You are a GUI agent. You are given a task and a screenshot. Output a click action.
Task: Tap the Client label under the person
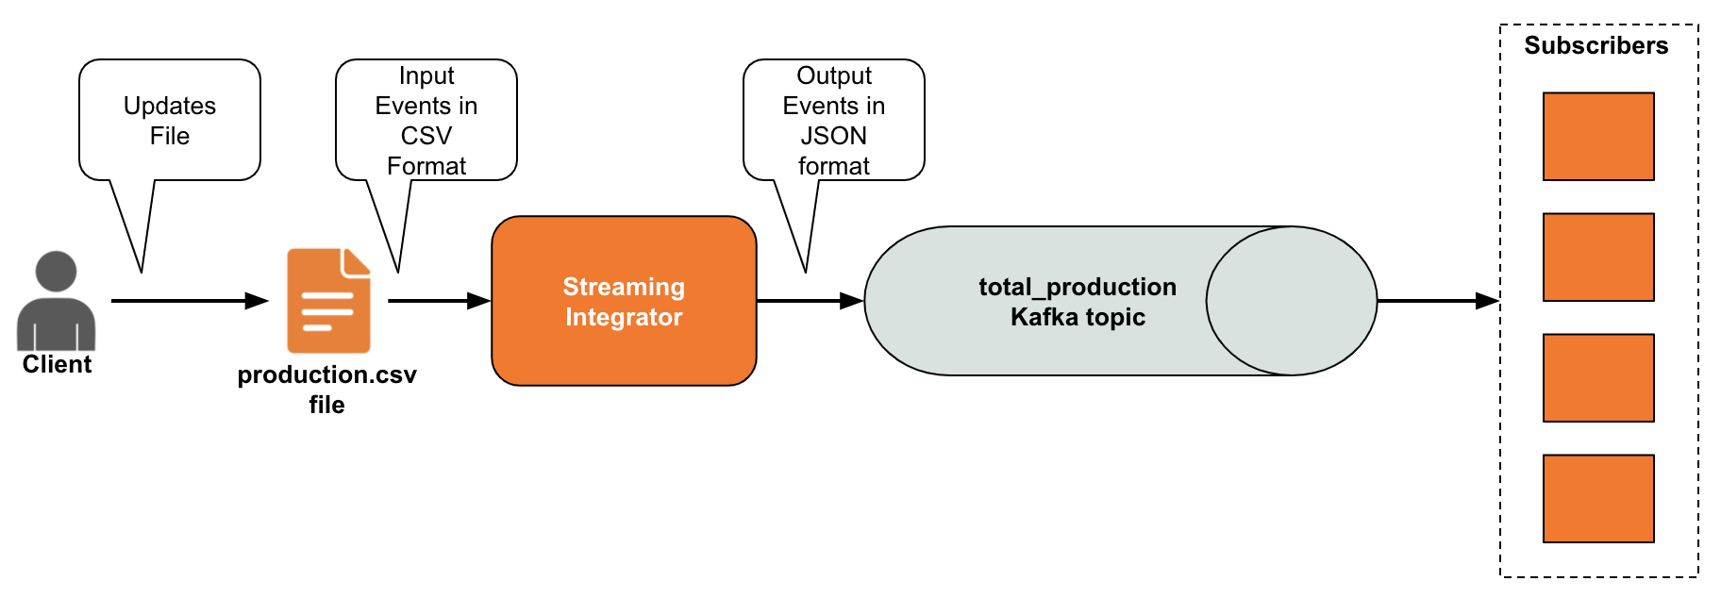tap(57, 365)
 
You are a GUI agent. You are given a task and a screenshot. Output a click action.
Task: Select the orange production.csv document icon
tap(328, 300)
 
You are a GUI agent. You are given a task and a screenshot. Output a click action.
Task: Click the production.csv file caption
tap(326, 390)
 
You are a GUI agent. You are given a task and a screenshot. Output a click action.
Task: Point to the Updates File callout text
tap(170, 121)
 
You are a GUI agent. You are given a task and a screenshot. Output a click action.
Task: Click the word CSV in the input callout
tap(426, 136)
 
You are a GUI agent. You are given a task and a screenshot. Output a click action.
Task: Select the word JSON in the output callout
tap(834, 136)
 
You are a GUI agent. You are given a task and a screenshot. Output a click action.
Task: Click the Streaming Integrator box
tap(624, 301)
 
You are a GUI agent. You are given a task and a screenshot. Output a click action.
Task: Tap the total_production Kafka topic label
tap(1078, 302)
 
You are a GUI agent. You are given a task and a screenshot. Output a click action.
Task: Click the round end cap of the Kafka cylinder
tap(1292, 301)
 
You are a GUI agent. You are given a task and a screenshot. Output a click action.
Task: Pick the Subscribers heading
tap(1596, 45)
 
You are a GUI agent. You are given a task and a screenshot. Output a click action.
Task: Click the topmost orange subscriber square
tap(1598, 137)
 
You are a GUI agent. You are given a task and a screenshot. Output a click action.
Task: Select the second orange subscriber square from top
tap(1598, 257)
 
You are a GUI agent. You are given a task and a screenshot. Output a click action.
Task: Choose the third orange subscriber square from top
tap(1598, 378)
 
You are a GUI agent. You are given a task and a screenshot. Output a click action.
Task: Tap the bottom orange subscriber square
tap(1598, 499)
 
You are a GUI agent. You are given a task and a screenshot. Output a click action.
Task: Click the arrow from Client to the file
tap(191, 301)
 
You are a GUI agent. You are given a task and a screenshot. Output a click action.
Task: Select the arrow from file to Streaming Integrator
tap(440, 301)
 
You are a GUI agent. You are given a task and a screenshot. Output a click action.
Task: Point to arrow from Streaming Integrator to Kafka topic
tap(810, 301)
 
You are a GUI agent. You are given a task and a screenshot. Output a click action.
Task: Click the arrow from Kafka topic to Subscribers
tap(1439, 301)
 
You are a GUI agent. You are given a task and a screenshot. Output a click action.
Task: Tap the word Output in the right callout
tap(834, 75)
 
